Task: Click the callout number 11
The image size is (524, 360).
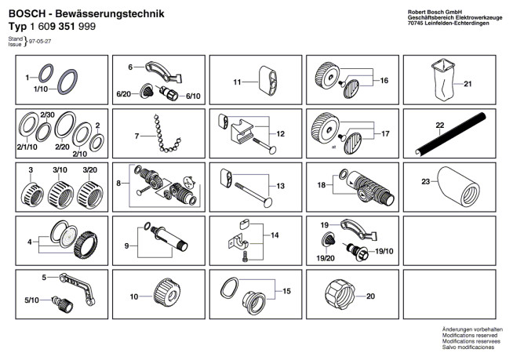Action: click(x=236, y=82)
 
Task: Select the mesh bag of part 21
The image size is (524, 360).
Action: click(x=444, y=81)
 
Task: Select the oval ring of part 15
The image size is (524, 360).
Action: click(x=226, y=288)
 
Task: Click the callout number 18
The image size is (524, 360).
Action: click(x=320, y=185)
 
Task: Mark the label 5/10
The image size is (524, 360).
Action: click(x=31, y=301)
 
